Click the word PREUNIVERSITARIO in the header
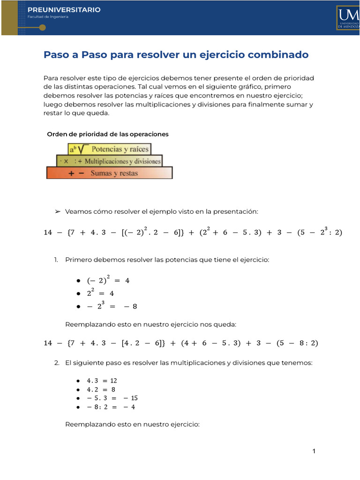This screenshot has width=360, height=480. tap(64, 10)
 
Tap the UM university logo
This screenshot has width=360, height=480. tap(347, 18)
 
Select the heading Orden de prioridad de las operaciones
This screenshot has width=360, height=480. tap(108, 135)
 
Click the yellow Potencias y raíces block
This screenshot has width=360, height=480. tap(110, 150)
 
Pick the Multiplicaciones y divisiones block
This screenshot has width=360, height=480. tap(109, 161)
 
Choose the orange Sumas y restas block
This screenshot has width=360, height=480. tap(109, 173)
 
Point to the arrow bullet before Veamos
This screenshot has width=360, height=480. tap(58, 212)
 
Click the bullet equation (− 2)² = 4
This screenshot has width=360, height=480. tap(108, 280)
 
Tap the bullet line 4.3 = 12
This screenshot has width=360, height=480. tap(102, 381)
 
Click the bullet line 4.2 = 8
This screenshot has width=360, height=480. tap(101, 390)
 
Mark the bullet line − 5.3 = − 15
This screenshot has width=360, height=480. tap(111, 398)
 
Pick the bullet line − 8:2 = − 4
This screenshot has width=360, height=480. tap(111, 407)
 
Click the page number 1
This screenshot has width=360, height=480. tap(314, 451)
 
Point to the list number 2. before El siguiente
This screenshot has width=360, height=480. tap(57, 363)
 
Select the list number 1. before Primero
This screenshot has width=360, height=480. tap(57, 260)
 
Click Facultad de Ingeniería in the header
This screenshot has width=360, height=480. tap(48, 17)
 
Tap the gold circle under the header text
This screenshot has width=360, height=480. tap(42, 28)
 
